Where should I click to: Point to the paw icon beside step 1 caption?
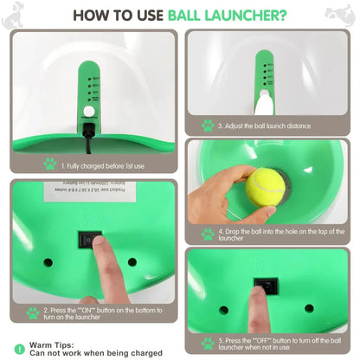[49, 163]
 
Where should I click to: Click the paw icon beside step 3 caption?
[207, 125]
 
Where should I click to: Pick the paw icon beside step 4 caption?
[207, 234]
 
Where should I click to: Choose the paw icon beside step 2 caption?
[32, 312]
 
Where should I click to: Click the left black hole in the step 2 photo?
[48, 261]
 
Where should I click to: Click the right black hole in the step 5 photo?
[309, 307]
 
